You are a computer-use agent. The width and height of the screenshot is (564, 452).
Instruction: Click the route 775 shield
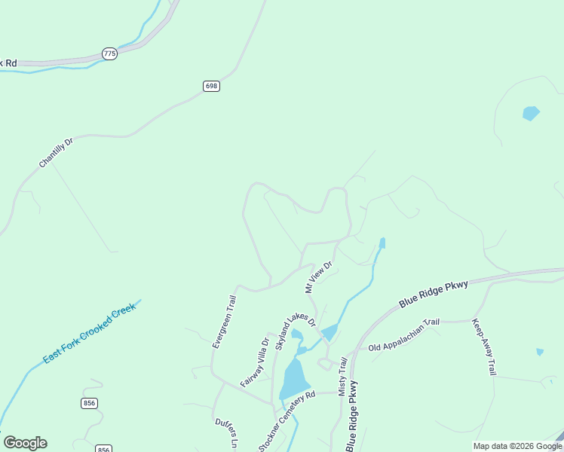[109, 54]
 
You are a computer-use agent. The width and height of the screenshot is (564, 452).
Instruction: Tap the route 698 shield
[211, 87]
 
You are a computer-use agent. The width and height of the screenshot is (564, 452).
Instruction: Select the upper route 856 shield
[90, 404]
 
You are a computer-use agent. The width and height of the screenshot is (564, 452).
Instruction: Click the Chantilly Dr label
[57, 153]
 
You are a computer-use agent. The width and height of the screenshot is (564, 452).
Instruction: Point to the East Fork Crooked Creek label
[89, 333]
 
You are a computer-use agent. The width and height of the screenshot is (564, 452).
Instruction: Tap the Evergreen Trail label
[224, 321]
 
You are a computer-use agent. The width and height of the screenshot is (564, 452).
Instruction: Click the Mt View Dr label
[318, 277]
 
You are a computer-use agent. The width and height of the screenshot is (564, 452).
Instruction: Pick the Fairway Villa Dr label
[255, 362]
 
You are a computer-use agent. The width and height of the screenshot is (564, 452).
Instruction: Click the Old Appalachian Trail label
[403, 335]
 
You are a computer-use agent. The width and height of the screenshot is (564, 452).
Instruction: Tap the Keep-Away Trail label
[484, 347]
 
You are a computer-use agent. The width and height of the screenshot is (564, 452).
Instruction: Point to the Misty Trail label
[343, 377]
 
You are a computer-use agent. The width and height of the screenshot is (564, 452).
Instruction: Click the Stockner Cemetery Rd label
[287, 422]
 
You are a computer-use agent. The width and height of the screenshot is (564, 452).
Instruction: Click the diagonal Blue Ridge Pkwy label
[434, 294]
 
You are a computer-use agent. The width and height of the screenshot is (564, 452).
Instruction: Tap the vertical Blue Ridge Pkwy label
[351, 416]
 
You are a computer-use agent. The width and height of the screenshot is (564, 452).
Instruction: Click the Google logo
[25, 443]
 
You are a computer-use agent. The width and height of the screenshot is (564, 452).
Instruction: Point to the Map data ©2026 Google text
[517, 446]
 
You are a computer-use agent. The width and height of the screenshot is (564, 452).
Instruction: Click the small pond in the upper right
[531, 114]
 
